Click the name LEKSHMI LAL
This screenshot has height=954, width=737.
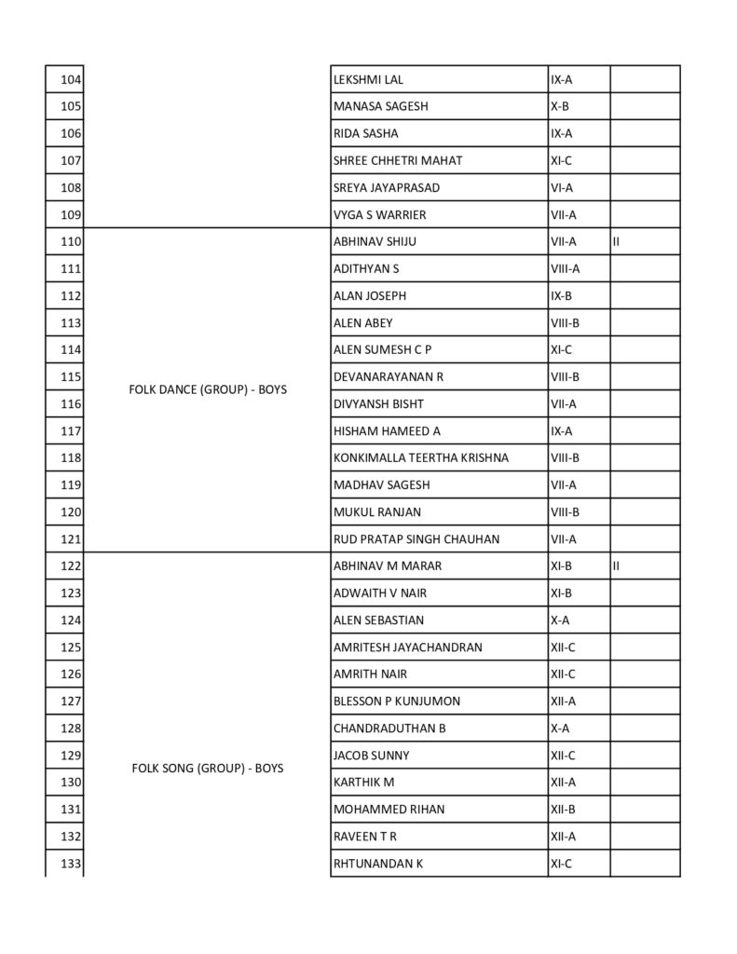coord(368,80)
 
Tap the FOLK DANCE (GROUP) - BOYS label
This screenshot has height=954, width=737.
coord(208,390)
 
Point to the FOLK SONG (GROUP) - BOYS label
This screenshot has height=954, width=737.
coord(208,769)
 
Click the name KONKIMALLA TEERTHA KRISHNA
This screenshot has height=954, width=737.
coord(420,458)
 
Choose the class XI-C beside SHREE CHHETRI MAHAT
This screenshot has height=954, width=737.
coord(561,161)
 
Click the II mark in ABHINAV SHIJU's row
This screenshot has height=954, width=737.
coord(617,242)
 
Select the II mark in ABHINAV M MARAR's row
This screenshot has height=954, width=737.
coord(617,566)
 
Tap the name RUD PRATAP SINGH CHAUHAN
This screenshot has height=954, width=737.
coord(416,539)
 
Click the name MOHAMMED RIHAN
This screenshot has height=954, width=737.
coord(389,810)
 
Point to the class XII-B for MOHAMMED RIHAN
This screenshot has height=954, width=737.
coord(563,810)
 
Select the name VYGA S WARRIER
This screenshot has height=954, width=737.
coord(379,215)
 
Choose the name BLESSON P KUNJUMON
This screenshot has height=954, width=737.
coord(396,702)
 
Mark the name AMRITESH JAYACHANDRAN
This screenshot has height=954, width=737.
coord(407,647)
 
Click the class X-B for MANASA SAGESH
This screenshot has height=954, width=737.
coord(559,107)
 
